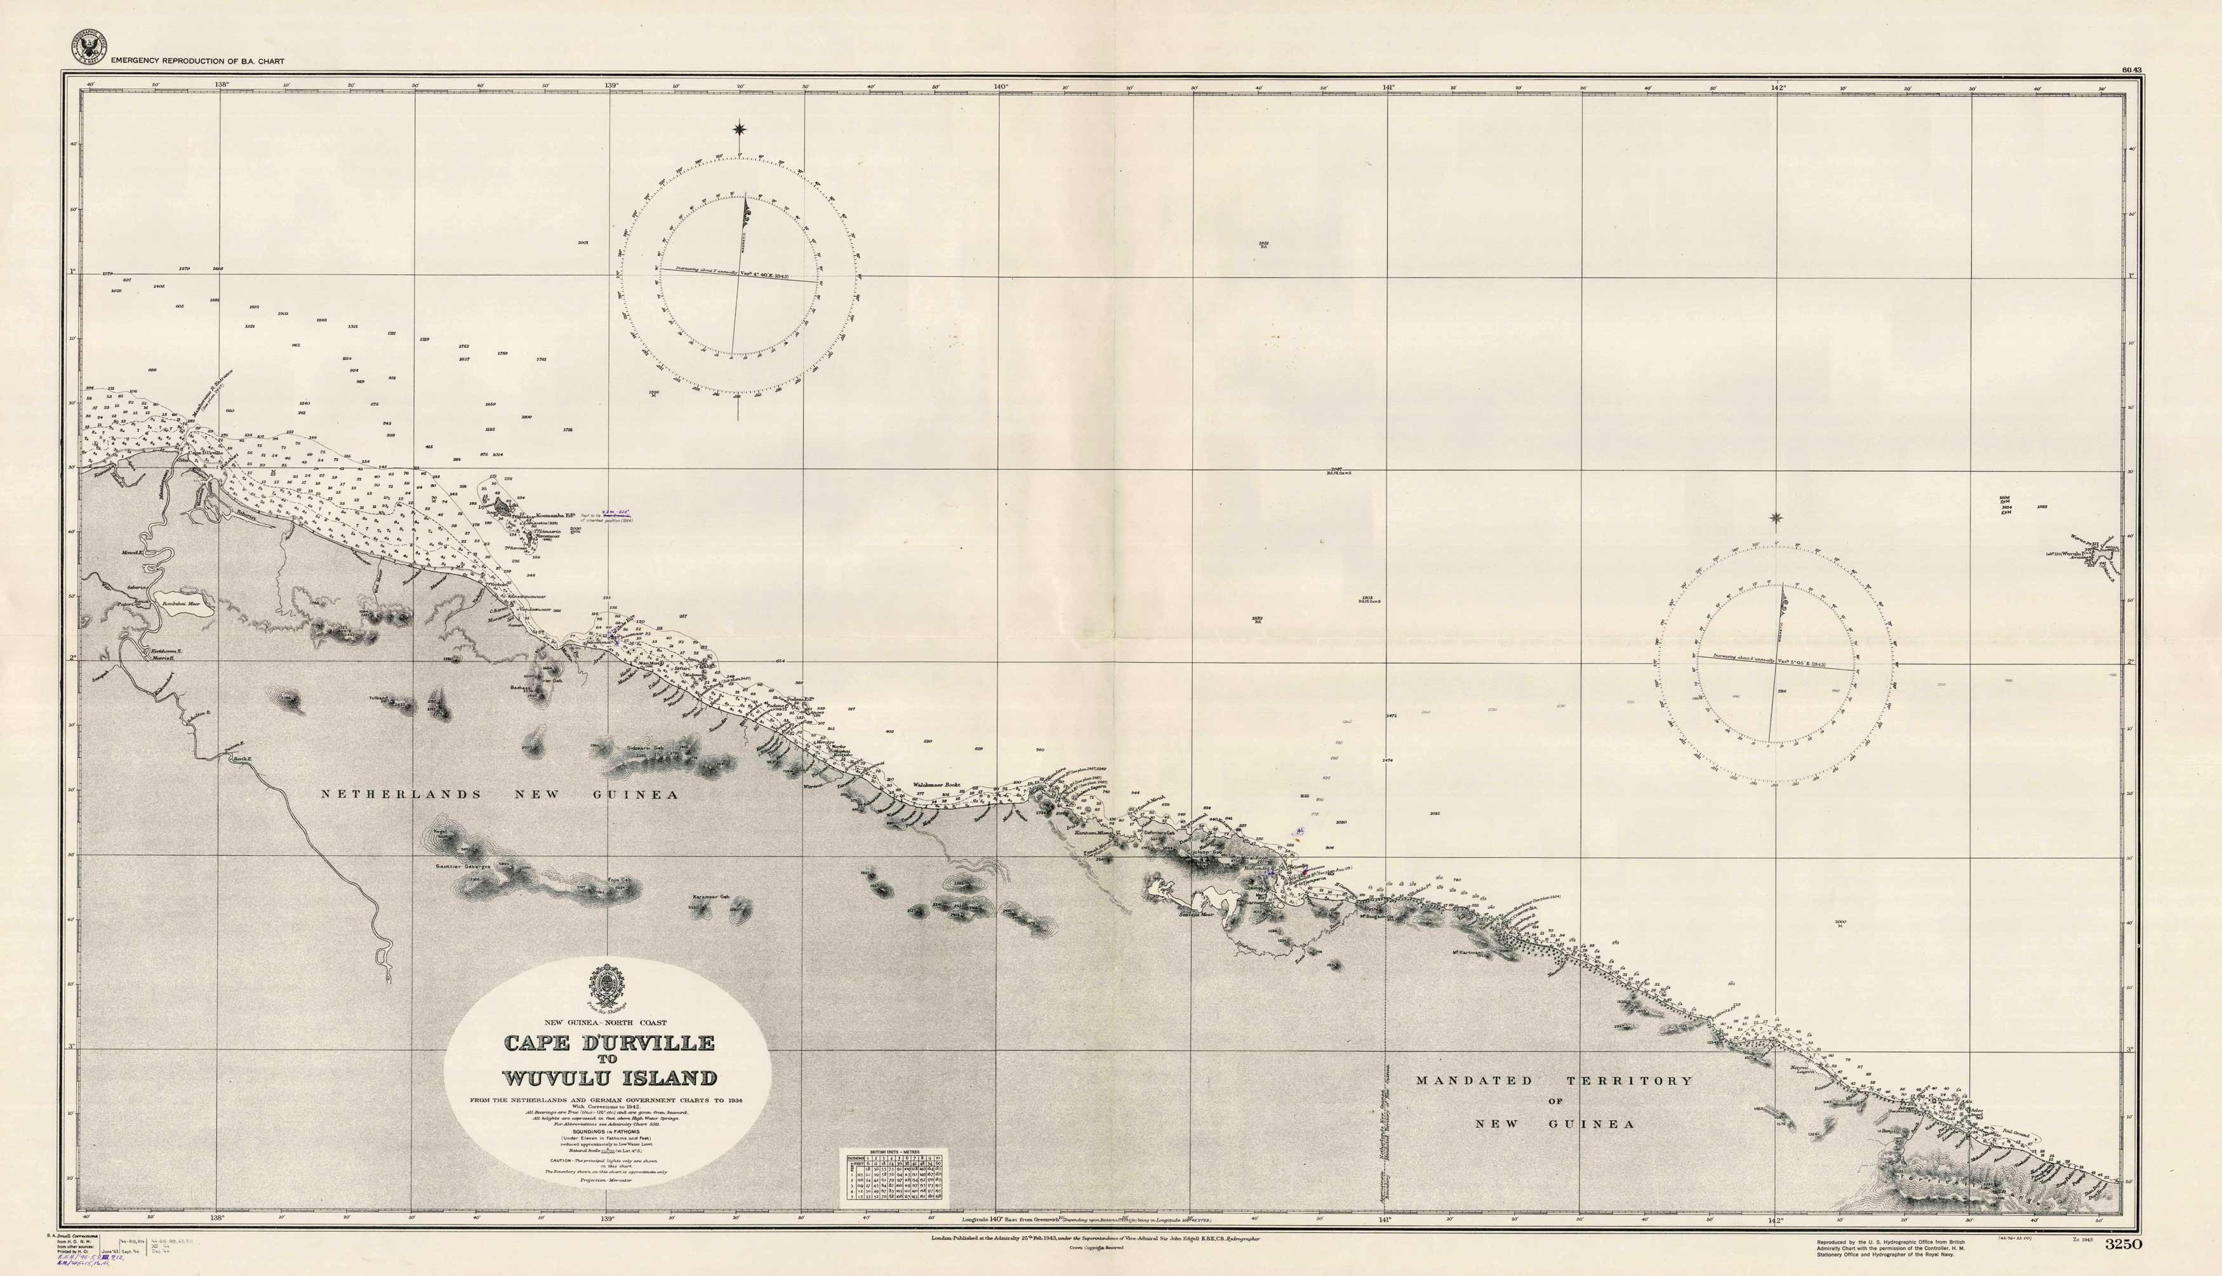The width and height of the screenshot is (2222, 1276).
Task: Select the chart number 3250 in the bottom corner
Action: [x=2122, y=1244]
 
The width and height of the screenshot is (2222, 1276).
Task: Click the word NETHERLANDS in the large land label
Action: [x=401, y=794]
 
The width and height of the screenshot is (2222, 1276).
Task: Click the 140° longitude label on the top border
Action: [x=1000, y=86]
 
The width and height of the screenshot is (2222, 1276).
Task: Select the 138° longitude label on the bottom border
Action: [x=217, y=1218]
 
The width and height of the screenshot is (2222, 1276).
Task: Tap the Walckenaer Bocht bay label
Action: [x=936, y=785]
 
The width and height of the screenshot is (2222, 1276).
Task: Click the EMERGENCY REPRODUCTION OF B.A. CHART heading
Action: [x=197, y=62]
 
